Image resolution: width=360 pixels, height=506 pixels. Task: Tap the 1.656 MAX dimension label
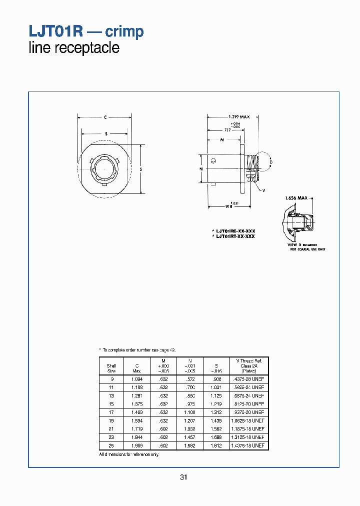(x=296, y=198)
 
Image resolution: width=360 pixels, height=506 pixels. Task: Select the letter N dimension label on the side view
(x=201, y=169)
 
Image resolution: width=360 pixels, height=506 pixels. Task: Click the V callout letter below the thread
(x=263, y=190)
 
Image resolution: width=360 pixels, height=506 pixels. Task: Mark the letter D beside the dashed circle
(x=270, y=162)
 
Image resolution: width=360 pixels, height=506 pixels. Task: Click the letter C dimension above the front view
(x=105, y=117)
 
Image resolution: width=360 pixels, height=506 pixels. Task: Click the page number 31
(x=183, y=477)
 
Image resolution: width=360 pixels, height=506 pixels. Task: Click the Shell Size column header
(x=111, y=368)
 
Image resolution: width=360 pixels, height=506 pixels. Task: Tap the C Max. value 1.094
(x=136, y=379)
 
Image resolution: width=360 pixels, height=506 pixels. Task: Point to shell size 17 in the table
(x=111, y=412)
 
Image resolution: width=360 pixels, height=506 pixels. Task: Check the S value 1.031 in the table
(x=215, y=387)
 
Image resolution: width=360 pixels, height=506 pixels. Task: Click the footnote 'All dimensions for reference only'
(x=129, y=454)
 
